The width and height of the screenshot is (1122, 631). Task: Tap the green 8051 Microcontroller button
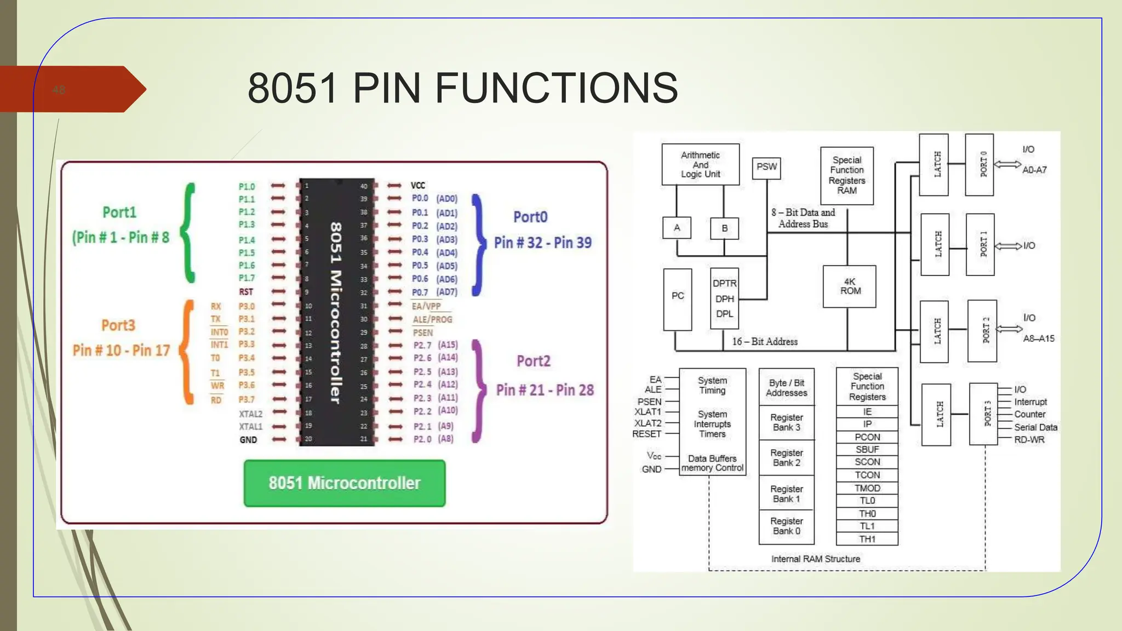(344, 483)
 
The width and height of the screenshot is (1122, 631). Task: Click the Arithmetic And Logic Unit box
(700, 164)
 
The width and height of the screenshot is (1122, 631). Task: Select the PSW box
(766, 167)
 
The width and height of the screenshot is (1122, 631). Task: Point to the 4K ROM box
(849, 286)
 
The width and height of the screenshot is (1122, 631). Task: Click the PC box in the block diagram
(677, 299)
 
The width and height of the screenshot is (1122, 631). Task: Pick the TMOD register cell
(867, 488)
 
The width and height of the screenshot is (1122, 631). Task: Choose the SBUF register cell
(867, 450)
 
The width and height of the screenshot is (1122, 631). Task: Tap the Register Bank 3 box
(786, 422)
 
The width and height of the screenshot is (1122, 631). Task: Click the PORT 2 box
(982, 330)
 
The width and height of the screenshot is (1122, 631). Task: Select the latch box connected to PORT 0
(934, 164)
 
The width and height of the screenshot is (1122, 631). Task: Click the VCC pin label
(418, 186)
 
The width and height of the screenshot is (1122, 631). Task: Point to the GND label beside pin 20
(248, 440)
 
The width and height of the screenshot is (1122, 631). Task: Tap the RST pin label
(246, 292)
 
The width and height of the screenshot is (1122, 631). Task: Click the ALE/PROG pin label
(432, 319)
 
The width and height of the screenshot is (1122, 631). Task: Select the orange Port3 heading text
(118, 325)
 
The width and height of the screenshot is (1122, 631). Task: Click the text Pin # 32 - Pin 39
(542, 243)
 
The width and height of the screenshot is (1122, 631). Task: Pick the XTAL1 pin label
(250, 427)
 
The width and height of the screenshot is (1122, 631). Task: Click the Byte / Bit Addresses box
(786, 388)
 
